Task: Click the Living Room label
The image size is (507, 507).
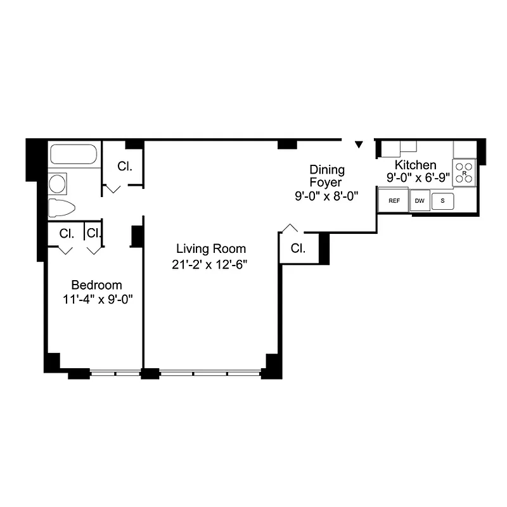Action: (210, 248)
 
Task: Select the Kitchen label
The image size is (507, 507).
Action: (415, 165)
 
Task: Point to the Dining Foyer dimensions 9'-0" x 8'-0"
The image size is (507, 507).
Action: (327, 196)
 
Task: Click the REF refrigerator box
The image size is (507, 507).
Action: (394, 201)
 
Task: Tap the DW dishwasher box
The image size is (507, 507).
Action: (420, 201)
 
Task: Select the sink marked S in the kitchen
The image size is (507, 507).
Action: (443, 201)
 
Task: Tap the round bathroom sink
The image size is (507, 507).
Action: (58, 184)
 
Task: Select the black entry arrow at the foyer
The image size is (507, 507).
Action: (359, 145)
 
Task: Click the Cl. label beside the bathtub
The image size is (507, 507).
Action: (124, 166)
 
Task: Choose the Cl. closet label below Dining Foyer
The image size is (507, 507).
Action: (298, 248)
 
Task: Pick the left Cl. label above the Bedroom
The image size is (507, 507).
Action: (67, 233)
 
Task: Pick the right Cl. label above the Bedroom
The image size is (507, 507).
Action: (94, 233)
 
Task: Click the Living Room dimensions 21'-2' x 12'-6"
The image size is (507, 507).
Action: (209, 265)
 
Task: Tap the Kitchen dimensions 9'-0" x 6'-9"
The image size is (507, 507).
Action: (418, 178)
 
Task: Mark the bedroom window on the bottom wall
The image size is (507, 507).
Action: (115, 373)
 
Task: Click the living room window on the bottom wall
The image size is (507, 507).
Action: (210, 373)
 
